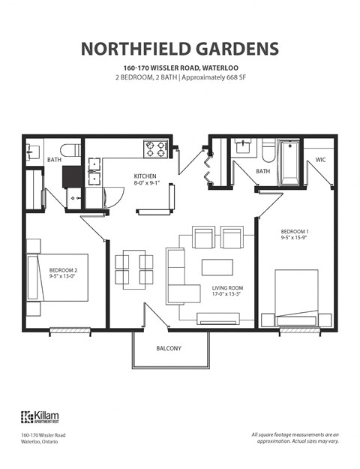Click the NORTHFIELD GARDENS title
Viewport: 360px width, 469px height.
click(x=180, y=49)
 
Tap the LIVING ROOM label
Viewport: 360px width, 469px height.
click(x=228, y=288)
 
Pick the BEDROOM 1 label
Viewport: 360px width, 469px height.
click(x=295, y=231)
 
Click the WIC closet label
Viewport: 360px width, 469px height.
click(x=320, y=160)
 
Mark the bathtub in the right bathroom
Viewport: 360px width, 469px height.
click(x=288, y=162)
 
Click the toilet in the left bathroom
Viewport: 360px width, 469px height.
click(x=70, y=150)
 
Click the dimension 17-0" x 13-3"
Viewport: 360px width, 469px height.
click(x=228, y=295)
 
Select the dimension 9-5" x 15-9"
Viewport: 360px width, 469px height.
click(x=295, y=238)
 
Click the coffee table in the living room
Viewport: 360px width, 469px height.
click(x=217, y=266)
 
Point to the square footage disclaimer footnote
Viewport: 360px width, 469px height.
click(x=295, y=438)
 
